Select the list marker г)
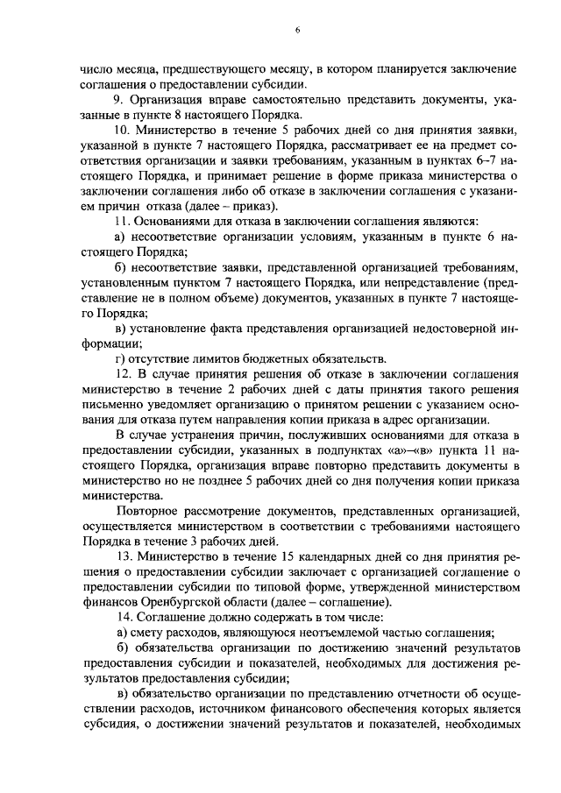coord(121,358)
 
